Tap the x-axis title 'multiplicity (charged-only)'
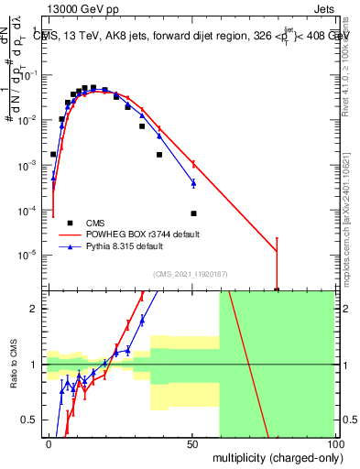[274, 456]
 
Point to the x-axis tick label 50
[192, 443]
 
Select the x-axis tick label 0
[49, 443]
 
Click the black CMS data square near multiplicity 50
[193, 213]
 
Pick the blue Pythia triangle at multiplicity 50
[193, 183]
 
